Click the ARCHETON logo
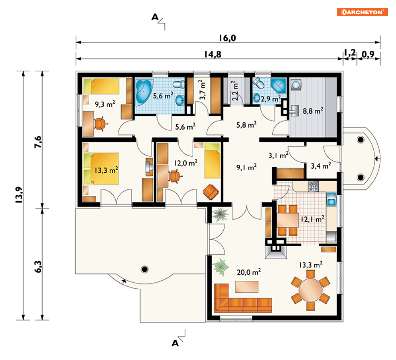[362, 12]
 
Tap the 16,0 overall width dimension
[227, 38]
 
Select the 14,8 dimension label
[213, 54]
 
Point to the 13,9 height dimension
[19, 195]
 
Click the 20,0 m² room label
[249, 272]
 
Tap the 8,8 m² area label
[313, 111]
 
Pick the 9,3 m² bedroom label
[105, 104]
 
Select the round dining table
[310, 290]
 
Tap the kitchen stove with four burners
[313, 186]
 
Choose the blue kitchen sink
[332, 199]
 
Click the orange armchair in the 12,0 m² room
[211, 192]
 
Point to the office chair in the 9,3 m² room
[100, 124]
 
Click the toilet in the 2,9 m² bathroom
[258, 83]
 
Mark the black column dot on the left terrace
[145, 269]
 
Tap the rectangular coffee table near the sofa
[247, 287]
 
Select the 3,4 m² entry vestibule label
[321, 165]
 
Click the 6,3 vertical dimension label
[38, 267]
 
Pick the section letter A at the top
[155, 17]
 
